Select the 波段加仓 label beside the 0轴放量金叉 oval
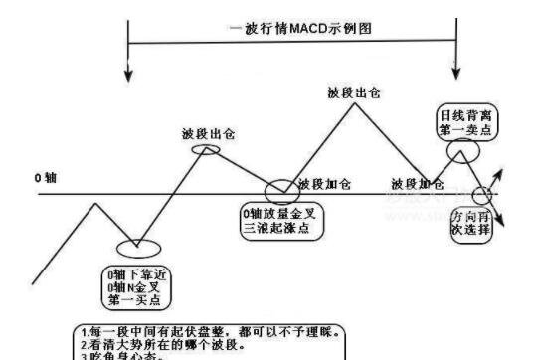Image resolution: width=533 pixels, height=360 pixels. [324, 184]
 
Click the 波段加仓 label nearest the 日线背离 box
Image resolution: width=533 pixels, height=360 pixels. [418, 184]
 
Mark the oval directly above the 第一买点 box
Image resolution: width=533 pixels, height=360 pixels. [138, 248]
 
